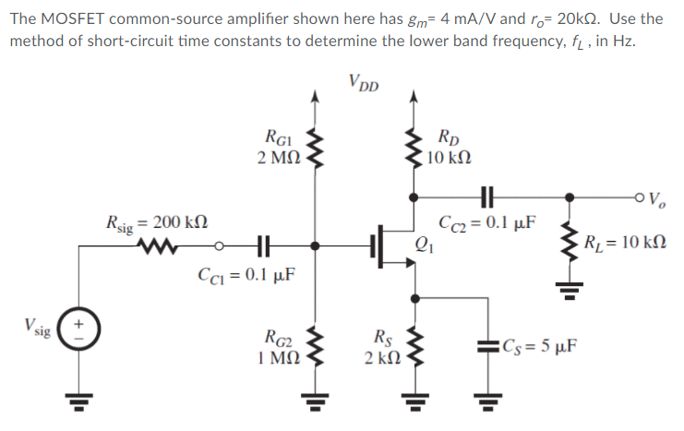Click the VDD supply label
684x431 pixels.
[x=367, y=80]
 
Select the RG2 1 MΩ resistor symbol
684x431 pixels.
[x=317, y=345]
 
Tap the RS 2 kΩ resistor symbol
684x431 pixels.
[x=411, y=345]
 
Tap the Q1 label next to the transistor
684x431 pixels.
[x=426, y=245]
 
